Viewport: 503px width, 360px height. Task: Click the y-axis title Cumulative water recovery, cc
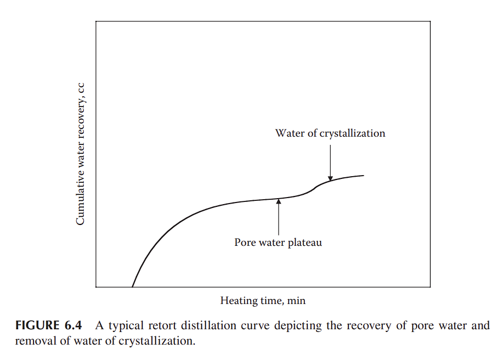click(x=80, y=154)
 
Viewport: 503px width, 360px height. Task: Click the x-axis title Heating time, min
click(x=263, y=301)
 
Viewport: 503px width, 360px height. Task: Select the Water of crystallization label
click(x=330, y=133)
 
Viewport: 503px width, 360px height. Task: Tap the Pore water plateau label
click(x=278, y=242)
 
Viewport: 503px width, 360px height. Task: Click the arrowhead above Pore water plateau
click(x=279, y=201)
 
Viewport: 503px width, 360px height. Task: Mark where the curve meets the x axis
click(x=133, y=286)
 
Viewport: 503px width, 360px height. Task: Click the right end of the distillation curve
click(x=363, y=175)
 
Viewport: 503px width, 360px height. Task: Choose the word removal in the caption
click(x=31, y=340)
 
